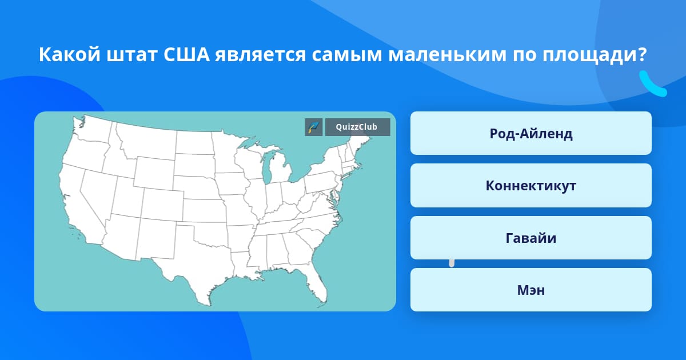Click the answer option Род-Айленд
(531, 133)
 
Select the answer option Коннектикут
(531, 186)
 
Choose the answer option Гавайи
(531, 238)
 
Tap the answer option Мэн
(531, 290)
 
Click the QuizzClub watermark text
(356, 127)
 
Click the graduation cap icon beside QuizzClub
(314, 127)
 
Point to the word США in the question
(186, 55)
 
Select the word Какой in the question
(70, 54)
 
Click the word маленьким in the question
(448, 55)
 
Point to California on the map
(79, 208)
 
